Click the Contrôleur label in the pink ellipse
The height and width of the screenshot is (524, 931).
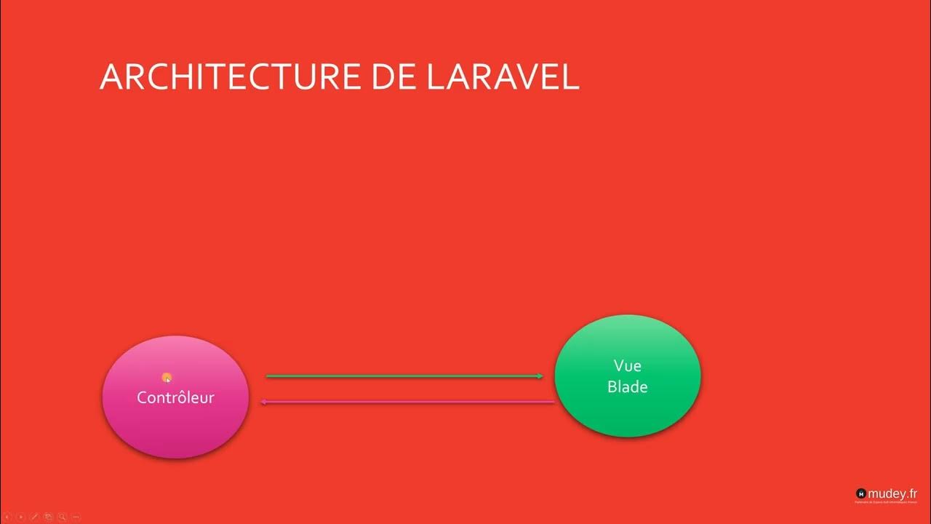175,398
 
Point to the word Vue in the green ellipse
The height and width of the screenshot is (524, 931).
627,365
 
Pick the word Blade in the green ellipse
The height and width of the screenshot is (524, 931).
627,386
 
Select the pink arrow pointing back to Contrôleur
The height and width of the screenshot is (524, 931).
407,402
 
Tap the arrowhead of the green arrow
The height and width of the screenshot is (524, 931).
540,376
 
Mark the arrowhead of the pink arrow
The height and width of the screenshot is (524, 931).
264,402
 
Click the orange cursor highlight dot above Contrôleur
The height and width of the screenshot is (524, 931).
167,377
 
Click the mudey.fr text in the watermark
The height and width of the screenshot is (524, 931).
892,493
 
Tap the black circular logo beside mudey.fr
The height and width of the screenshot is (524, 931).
861,493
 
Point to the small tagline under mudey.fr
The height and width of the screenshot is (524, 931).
886,502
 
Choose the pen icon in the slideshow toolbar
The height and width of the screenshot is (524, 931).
34,517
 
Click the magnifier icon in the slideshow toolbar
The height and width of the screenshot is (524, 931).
62,517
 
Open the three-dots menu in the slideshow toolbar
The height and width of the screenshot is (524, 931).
76,517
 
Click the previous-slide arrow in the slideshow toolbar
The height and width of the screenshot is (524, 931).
7,517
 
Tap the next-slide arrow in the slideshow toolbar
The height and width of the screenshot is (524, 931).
20,517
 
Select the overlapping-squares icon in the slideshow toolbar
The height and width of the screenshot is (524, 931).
48,517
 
